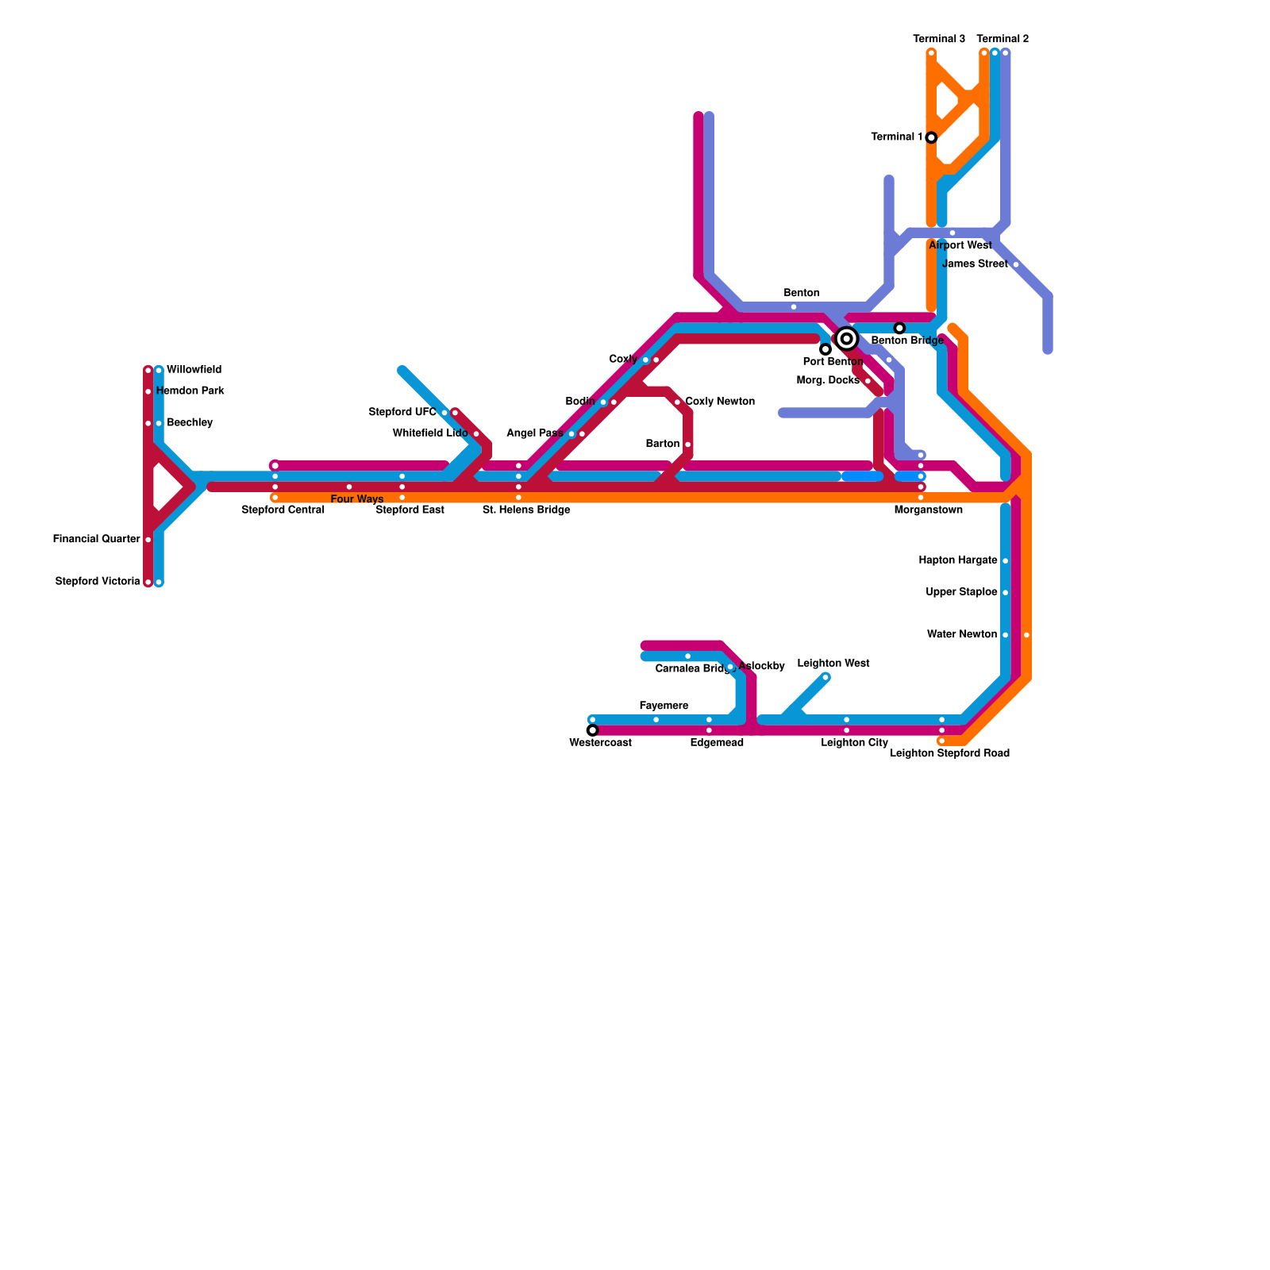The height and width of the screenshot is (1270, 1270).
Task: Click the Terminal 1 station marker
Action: (x=931, y=137)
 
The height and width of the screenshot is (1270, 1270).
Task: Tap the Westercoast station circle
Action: (x=592, y=730)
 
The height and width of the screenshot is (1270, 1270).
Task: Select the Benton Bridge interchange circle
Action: (x=847, y=339)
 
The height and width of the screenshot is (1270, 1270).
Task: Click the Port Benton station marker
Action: (x=825, y=349)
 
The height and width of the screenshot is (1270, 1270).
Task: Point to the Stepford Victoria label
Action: (x=98, y=582)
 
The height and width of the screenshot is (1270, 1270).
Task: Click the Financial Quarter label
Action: (x=97, y=540)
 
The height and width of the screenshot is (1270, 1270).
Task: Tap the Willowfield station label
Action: (x=194, y=370)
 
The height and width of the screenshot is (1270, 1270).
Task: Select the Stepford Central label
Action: (x=283, y=510)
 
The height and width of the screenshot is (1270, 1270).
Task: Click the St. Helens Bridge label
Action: (x=526, y=510)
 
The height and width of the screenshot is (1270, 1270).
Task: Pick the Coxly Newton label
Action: (x=720, y=402)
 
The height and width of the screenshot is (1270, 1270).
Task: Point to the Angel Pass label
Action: (x=535, y=433)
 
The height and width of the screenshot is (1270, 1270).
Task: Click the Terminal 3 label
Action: (x=939, y=39)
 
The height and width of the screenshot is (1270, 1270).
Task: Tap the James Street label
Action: (x=975, y=264)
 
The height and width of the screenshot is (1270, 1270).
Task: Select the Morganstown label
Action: (x=928, y=510)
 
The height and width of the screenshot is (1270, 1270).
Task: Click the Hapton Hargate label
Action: (x=958, y=560)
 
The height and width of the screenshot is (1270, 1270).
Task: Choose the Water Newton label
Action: (x=962, y=634)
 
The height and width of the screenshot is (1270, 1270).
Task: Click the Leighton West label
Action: (x=833, y=664)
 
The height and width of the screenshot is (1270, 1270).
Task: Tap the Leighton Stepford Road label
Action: (x=949, y=753)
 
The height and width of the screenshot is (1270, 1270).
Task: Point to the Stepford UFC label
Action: (x=402, y=412)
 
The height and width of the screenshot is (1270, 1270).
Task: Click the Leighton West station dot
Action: (x=825, y=677)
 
